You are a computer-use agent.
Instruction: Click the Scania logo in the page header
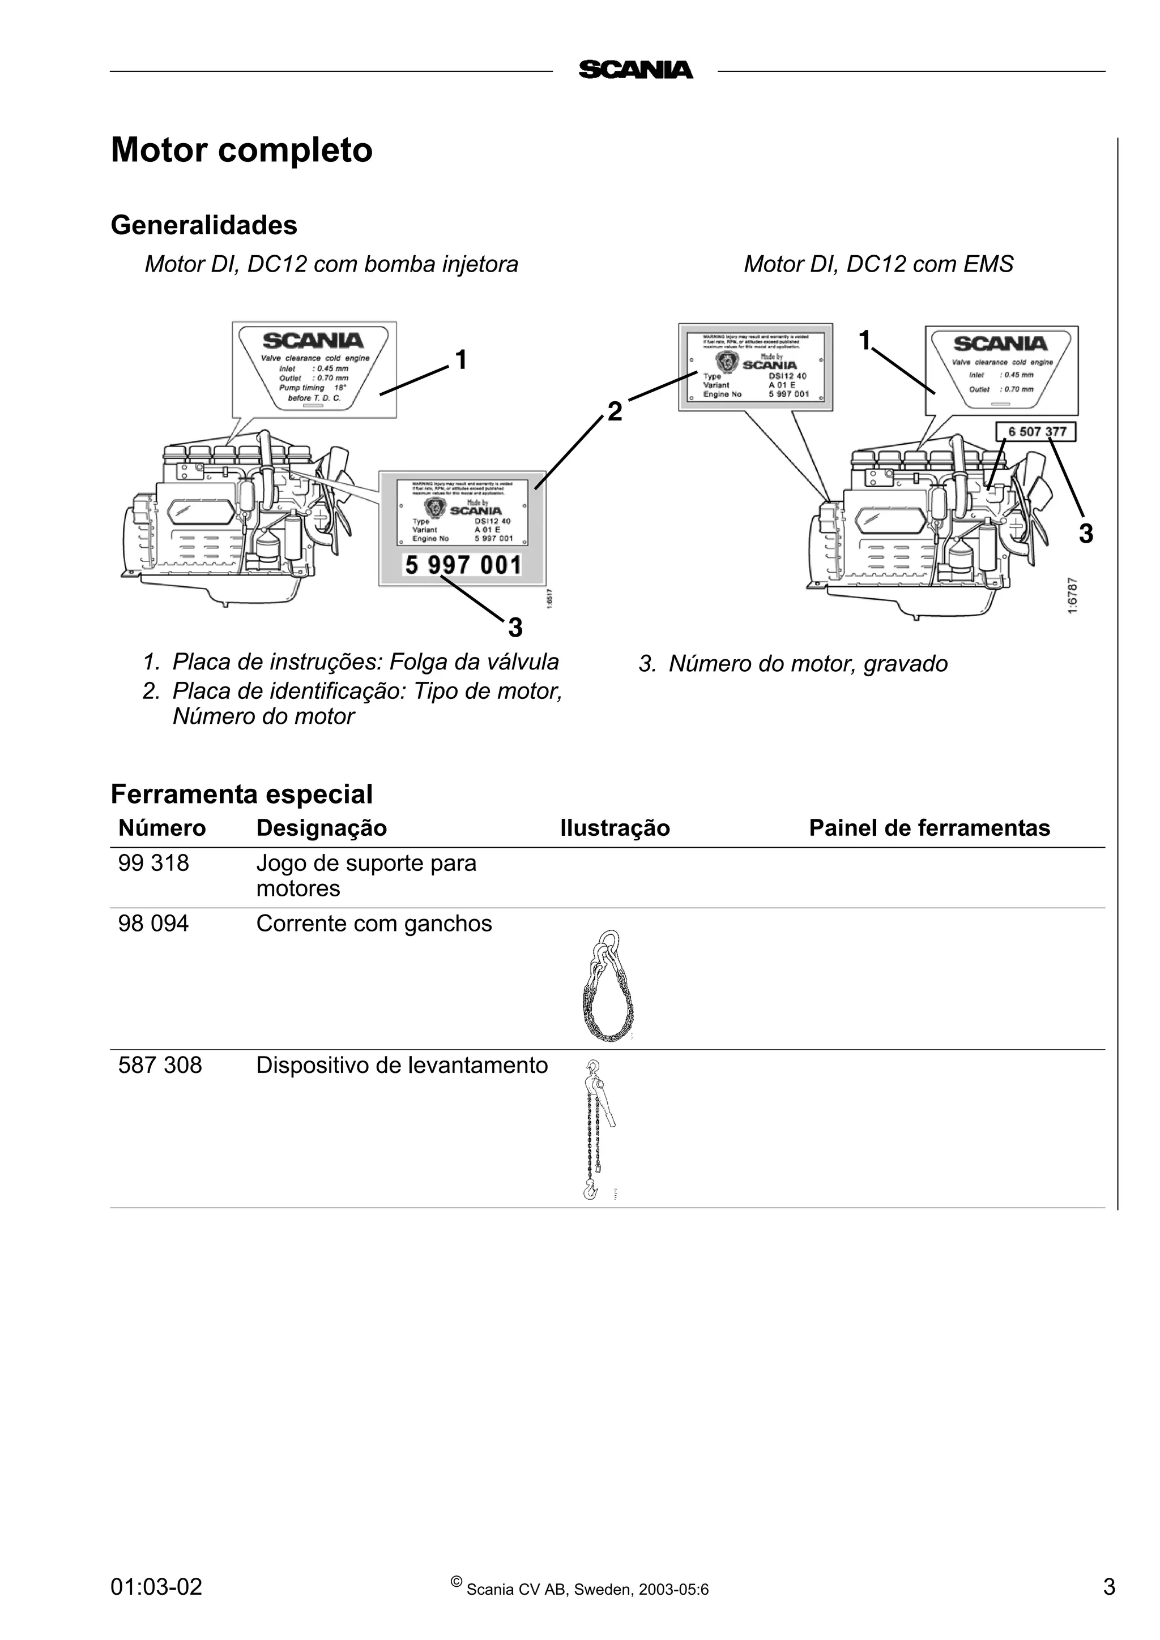point(635,70)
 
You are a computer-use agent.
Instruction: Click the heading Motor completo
point(242,150)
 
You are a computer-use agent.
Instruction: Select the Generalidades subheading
point(204,225)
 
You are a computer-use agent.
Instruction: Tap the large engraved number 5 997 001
point(463,566)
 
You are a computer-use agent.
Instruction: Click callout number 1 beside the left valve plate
point(461,359)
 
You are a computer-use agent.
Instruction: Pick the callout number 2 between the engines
point(615,411)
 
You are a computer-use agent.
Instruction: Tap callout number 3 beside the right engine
point(1086,534)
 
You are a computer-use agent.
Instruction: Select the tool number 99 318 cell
point(153,863)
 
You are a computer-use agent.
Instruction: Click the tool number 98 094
point(153,924)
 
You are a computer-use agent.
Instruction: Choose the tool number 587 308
point(160,1065)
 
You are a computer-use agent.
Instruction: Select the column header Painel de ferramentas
point(929,828)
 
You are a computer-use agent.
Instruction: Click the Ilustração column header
point(615,828)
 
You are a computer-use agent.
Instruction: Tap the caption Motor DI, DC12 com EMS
point(878,264)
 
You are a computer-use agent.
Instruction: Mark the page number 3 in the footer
point(1108,1586)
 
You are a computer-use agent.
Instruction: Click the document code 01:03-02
point(156,1586)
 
